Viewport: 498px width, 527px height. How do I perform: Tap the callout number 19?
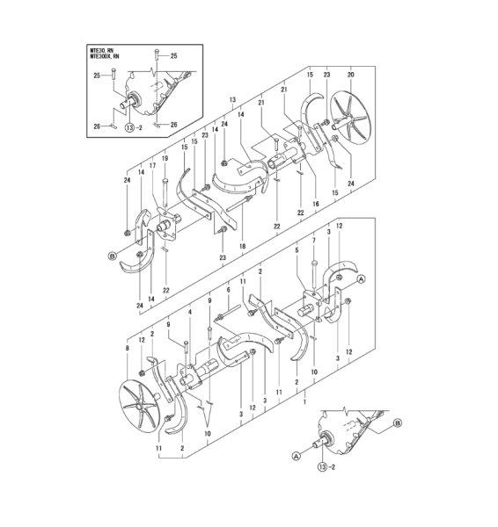coord(164,159)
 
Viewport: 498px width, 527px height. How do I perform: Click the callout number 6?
coord(227,291)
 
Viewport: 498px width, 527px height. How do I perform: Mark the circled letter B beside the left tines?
coord(113,256)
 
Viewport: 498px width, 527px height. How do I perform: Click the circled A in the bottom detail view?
coord(296,454)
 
